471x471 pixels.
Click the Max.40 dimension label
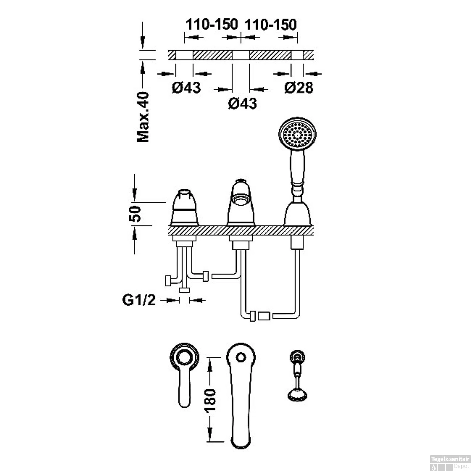point(143,117)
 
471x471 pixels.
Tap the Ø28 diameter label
point(299,88)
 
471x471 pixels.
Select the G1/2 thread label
point(139,300)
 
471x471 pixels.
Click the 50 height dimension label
point(136,214)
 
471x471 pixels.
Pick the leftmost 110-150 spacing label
point(212,24)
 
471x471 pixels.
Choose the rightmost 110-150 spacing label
point(270,24)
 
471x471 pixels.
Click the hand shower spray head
point(297,133)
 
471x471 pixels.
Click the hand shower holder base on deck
point(297,214)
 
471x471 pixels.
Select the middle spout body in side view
point(241,204)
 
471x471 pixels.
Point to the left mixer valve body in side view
point(185,208)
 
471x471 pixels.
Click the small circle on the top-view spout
point(241,357)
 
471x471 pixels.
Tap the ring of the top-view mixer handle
point(185,358)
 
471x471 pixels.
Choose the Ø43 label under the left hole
point(186,88)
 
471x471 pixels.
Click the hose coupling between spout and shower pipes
point(263,316)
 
